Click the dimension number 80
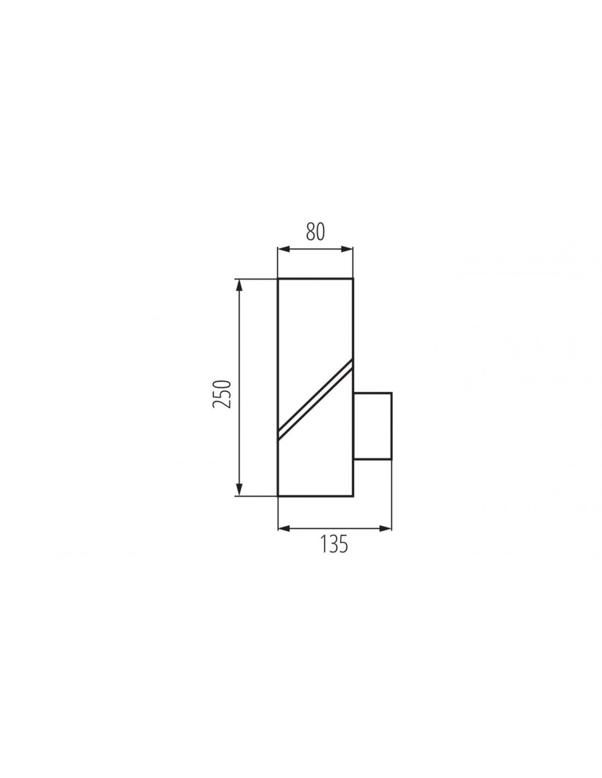click(315, 231)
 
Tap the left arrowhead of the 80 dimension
click(283, 249)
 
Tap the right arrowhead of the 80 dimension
click(348, 249)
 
